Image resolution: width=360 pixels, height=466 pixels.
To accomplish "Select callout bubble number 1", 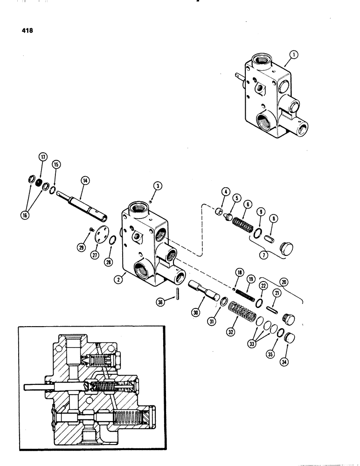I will point(293,54).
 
